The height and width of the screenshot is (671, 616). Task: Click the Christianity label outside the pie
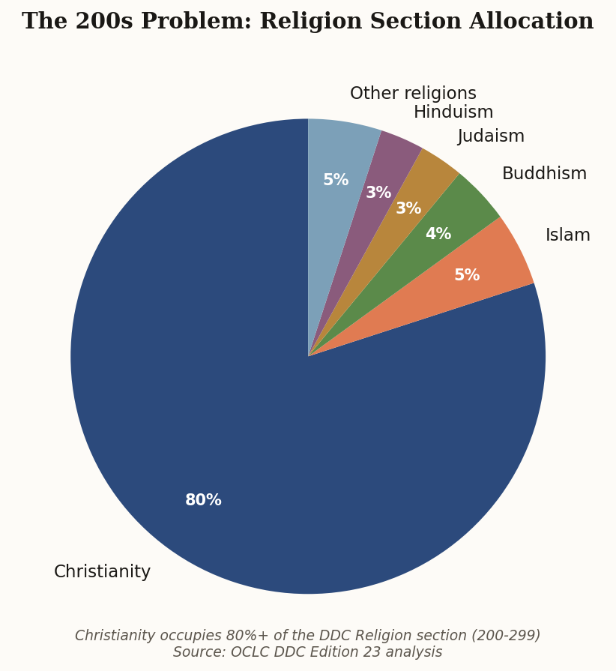(x=102, y=572)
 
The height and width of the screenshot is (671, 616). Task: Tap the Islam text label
(x=567, y=235)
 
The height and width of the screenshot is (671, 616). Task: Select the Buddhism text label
(x=544, y=174)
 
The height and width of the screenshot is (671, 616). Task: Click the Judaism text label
(x=491, y=136)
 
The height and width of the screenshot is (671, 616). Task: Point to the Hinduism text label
(x=453, y=112)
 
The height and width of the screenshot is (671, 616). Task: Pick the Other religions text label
(x=413, y=94)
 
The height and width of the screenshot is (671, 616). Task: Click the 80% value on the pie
(x=203, y=500)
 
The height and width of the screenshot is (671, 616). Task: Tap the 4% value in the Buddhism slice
(x=438, y=235)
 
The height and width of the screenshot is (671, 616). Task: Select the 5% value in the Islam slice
(x=467, y=276)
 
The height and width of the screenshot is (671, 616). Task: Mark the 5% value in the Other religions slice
(x=336, y=181)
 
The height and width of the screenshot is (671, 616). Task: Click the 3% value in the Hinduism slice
(x=378, y=193)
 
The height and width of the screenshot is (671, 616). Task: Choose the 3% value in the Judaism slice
(x=408, y=209)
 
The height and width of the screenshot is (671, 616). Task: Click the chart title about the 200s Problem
(x=307, y=22)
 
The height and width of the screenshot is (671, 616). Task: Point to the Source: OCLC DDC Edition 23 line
(x=307, y=652)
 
